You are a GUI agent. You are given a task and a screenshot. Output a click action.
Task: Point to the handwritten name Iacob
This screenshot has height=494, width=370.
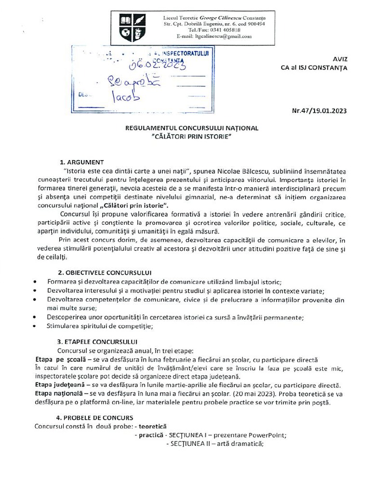pyautogui.click(x=125, y=96)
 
